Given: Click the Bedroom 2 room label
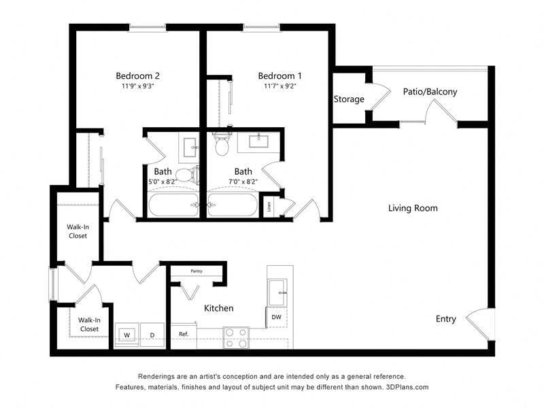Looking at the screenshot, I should [x=137, y=75].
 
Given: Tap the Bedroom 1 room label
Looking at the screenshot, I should [x=279, y=75].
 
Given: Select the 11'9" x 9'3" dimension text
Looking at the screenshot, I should [x=137, y=86].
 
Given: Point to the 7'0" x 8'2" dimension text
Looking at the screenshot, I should [x=243, y=182].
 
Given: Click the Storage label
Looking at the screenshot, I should [x=349, y=99].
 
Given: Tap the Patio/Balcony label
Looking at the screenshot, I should [x=430, y=92].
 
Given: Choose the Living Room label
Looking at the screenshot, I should [x=413, y=208].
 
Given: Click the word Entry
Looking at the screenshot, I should [x=446, y=319].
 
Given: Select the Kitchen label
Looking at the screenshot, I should [x=219, y=308].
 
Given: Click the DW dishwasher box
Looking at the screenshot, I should [x=277, y=317].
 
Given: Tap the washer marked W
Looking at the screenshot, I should [x=126, y=335].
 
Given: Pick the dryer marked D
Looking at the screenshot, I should [x=152, y=335].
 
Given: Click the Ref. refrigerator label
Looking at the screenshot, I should [x=184, y=334].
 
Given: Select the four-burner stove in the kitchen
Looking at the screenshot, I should [x=236, y=337].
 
